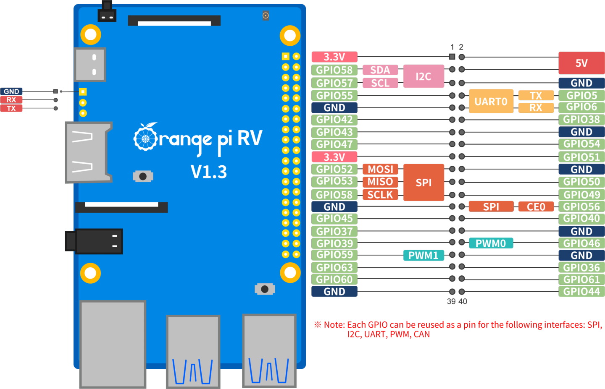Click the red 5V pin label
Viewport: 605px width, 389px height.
click(581, 63)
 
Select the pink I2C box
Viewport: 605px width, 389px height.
click(423, 76)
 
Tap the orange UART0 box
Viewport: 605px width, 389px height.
click(491, 101)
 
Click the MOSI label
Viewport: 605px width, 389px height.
click(380, 169)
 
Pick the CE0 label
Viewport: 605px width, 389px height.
click(536, 206)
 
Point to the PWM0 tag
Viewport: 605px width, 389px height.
click(490, 243)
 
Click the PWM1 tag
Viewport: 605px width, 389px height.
click(423, 255)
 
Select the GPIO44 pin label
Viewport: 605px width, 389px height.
click(581, 291)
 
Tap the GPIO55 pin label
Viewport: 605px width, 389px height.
click(334, 95)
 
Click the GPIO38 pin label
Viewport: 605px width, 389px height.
click(581, 119)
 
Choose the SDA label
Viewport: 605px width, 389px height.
click(380, 70)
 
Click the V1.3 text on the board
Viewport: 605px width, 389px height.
click(209, 172)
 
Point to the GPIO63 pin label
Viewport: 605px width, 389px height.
click(334, 267)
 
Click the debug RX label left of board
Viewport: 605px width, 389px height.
click(11, 100)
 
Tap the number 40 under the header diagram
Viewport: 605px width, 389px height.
click(463, 301)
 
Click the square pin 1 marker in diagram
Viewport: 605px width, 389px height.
click(452, 57)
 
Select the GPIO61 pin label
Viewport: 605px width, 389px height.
click(581, 279)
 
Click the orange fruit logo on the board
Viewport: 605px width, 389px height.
click(145, 137)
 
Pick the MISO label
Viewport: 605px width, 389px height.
click(380, 182)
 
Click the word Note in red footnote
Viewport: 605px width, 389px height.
click(334, 325)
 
